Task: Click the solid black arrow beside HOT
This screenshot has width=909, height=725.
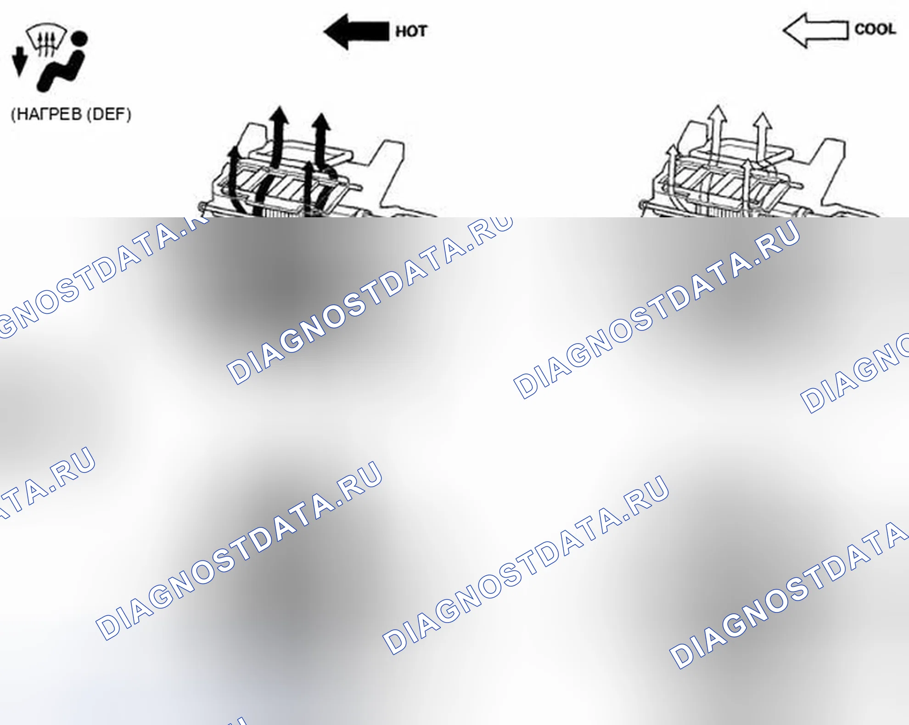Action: point(356,31)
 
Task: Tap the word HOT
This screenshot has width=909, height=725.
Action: point(411,31)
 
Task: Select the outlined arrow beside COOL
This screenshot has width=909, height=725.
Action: point(815,30)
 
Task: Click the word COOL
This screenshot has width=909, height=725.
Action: point(875,29)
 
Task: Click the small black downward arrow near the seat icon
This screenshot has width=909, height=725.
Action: point(19,62)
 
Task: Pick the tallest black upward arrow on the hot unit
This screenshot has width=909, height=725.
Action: point(278,138)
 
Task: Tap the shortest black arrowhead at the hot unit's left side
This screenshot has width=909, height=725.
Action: point(235,153)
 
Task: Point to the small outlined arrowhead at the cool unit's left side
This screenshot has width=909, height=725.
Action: point(673,152)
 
